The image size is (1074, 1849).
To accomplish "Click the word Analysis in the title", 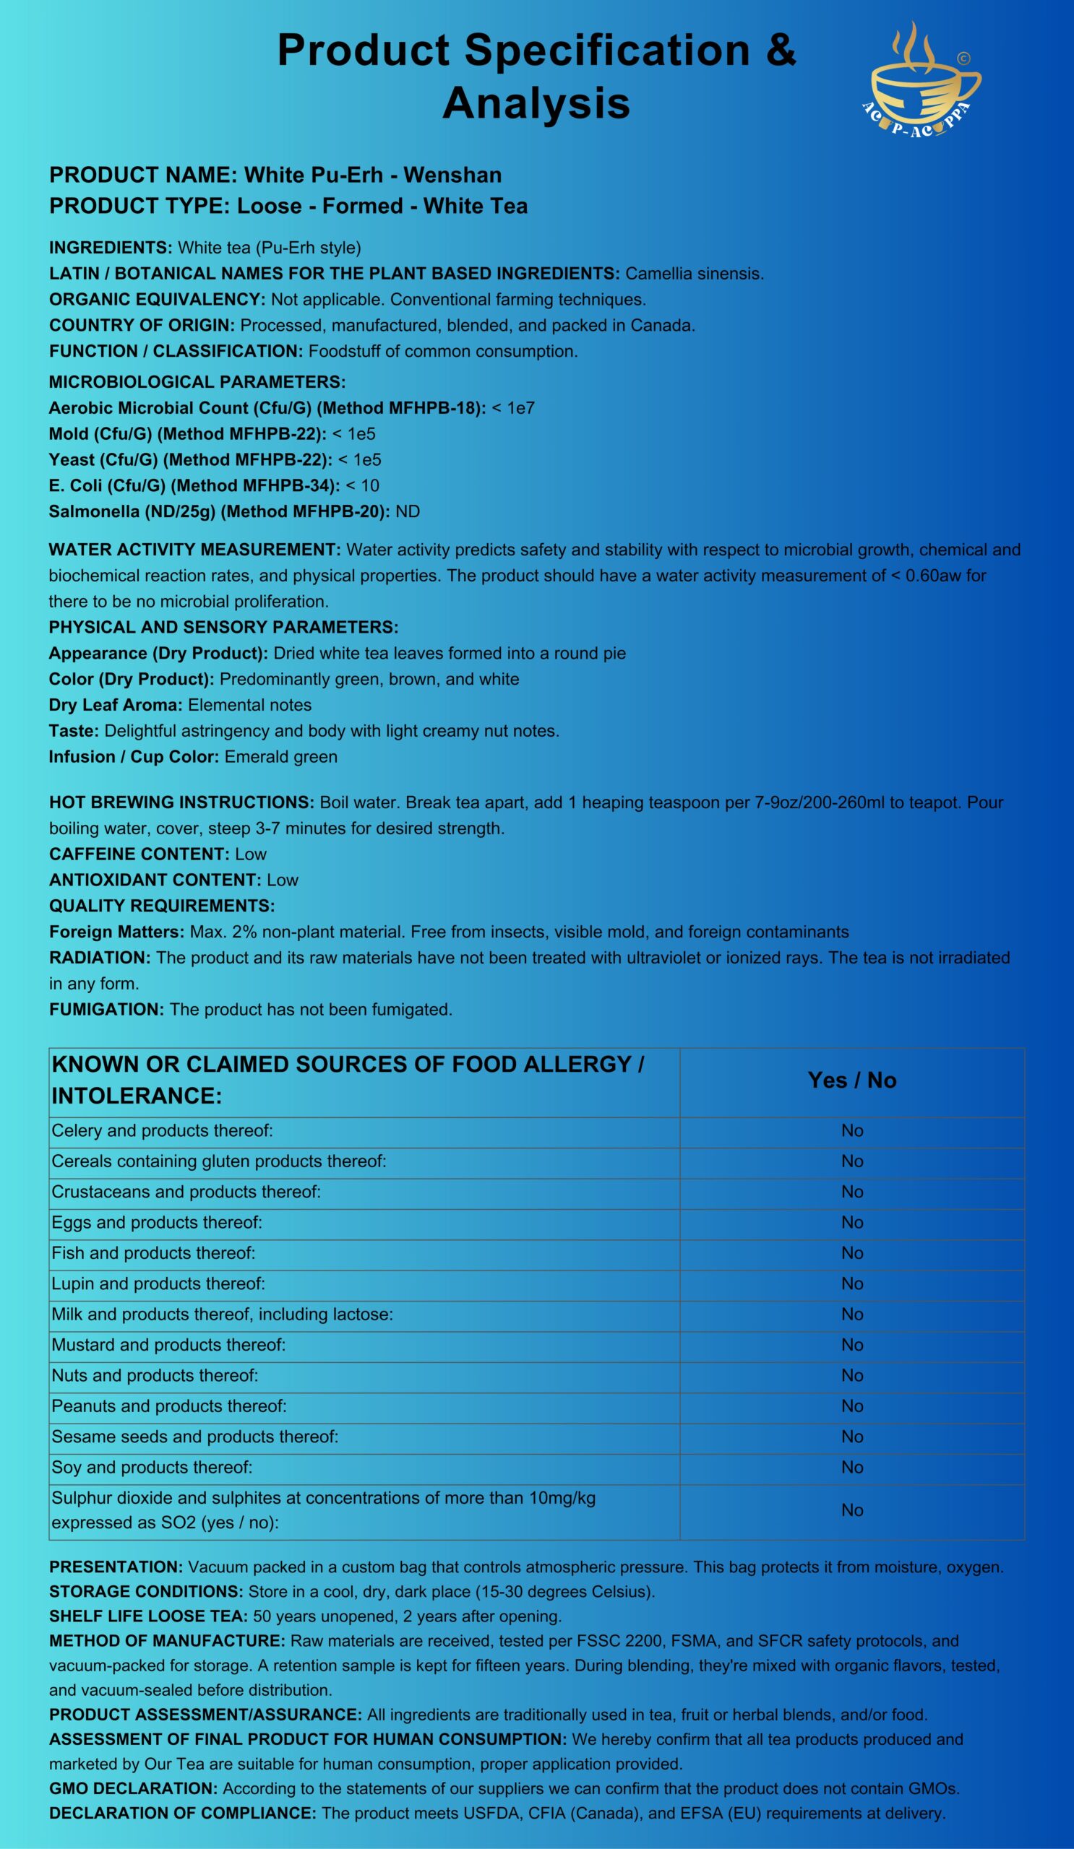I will (x=536, y=103).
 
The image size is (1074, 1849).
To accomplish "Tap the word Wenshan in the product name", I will (x=453, y=176).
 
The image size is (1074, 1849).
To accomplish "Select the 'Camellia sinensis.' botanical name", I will (x=695, y=274).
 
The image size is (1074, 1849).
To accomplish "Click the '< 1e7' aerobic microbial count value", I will (x=513, y=408).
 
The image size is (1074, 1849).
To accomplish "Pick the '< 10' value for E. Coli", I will (x=363, y=486).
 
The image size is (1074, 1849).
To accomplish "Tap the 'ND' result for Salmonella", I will (x=408, y=511).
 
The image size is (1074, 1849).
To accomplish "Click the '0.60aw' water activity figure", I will (x=933, y=575).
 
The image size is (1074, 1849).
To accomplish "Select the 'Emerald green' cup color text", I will (x=281, y=756).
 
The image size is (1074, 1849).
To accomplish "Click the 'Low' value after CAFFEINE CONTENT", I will (x=251, y=854).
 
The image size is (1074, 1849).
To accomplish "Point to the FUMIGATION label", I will (x=106, y=1009).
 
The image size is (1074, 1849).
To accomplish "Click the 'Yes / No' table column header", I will (x=851, y=1080).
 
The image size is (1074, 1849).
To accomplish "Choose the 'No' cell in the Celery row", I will (x=851, y=1130).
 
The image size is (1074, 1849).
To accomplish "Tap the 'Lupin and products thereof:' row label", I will (x=158, y=1283).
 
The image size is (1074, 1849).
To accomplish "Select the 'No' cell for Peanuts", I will (x=851, y=1406).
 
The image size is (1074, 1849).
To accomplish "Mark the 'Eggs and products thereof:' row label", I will (x=157, y=1222).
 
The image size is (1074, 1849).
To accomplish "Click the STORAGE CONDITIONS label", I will (x=146, y=1592).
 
